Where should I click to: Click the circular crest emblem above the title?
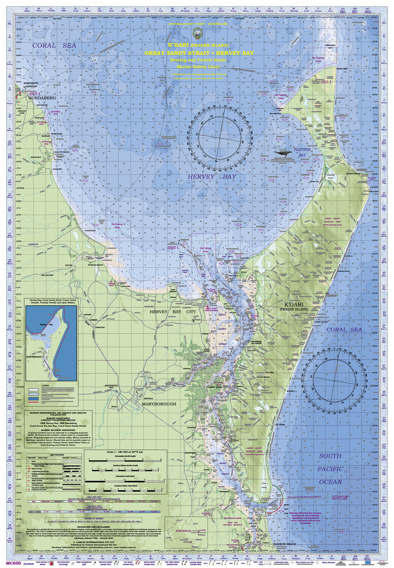click(x=197, y=32)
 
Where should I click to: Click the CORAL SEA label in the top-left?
click(x=51, y=46)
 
